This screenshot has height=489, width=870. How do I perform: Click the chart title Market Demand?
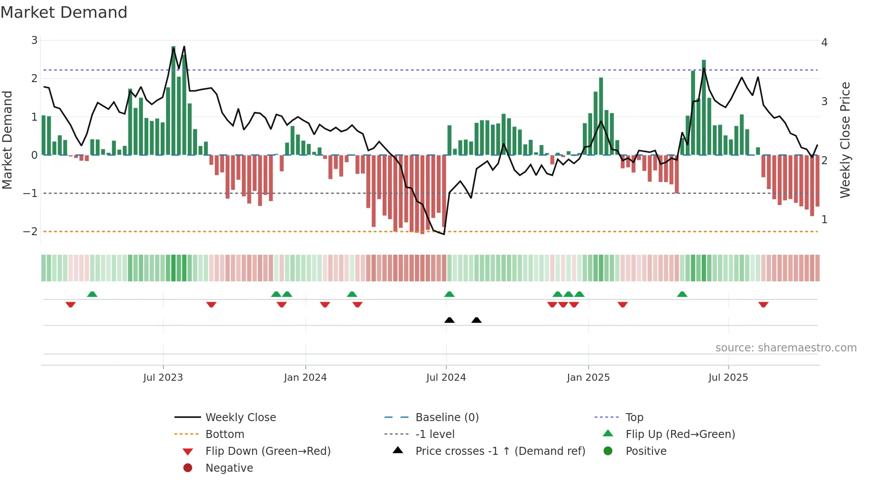64,12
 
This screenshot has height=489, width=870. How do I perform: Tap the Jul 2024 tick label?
446,378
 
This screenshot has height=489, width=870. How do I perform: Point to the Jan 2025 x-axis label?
588,378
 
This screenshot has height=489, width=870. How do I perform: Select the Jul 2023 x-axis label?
163,378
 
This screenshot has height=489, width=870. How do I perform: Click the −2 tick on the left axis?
31,232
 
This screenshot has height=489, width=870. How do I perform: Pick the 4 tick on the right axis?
824,43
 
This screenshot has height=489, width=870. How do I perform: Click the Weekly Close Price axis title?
845,140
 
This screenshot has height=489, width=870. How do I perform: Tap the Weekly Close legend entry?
240,418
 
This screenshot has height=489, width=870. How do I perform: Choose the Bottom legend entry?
225,434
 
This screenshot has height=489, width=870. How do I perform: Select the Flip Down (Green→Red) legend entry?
268,451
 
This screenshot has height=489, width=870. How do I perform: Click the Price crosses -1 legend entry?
500,451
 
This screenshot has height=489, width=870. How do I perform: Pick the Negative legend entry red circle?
188,468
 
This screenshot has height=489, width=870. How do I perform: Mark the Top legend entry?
634,418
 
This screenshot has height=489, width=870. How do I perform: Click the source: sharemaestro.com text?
786,348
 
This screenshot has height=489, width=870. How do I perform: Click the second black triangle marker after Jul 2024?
476,320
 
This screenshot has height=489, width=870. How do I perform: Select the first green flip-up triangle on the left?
92,294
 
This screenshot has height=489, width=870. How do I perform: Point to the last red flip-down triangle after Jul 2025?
763,304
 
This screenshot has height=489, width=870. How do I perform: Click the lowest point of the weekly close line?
444,234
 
